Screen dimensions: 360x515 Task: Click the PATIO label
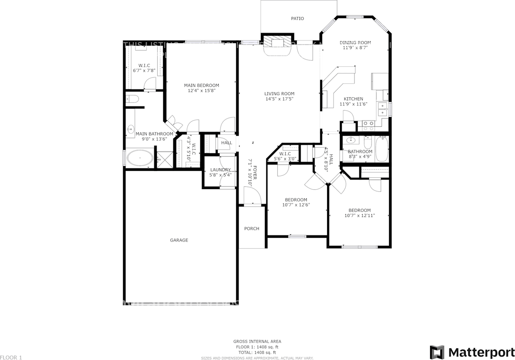click(297, 19)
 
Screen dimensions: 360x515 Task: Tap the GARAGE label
click(179, 240)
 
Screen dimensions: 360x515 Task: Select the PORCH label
click(252, 228)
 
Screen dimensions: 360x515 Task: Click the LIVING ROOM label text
click(279, 93)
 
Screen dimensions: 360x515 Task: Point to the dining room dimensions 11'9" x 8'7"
click(355, 47)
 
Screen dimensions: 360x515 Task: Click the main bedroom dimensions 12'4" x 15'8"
click(201, 91)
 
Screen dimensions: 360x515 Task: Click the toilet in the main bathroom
click(132, 99)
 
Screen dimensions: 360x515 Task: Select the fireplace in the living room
click(277, 45)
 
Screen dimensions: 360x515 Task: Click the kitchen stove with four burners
click(368, 126)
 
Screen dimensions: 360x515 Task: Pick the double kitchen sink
click(382, 109)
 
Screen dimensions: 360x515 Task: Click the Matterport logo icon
click(437, 352)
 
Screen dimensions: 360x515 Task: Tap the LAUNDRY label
click(220, 170)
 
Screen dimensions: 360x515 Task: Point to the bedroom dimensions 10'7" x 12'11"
click(359, 216)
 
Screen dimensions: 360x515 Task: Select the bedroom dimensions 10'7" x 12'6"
click(296, 205)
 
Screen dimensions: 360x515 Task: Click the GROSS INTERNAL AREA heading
click(257, 341)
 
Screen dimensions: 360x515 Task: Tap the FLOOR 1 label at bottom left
click(11, 357)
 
